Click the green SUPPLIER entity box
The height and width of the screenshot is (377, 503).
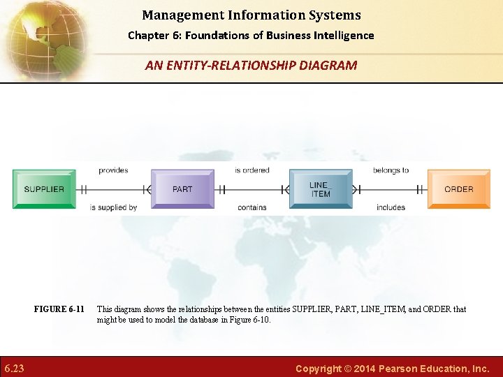pos(44,189)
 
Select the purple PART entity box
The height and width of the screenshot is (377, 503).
pos(182,189)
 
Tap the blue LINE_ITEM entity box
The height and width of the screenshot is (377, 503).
pos(321,189)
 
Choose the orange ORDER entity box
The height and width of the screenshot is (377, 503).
pos(458,189)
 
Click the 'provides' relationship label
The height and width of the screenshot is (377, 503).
pos(113,170)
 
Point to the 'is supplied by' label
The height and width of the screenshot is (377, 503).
pos(113,207)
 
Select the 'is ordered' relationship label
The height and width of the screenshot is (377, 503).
pos(251,170)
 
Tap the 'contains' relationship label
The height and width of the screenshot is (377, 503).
pos(251,207)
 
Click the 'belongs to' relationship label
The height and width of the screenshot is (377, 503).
pos(391,170)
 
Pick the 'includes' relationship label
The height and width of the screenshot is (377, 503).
pos(391,207)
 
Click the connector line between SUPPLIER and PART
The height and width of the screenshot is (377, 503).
pos(113,189)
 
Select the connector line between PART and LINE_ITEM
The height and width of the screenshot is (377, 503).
pos(251,189)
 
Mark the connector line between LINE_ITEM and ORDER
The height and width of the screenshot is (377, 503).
pos(390,189)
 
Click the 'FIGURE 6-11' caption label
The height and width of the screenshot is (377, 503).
pos(59,309)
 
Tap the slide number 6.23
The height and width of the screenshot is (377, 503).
pos(14,368)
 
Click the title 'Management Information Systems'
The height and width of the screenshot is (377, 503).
pos(251,15)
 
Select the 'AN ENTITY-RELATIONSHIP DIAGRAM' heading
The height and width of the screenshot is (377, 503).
pos(251,66)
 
